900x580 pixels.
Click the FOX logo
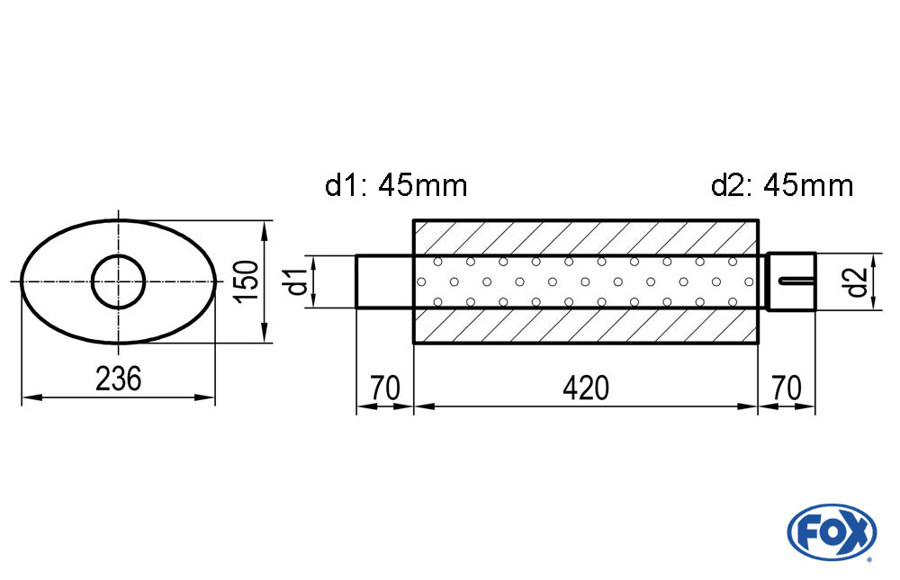[831, 531]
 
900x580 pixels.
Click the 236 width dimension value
[119, 379]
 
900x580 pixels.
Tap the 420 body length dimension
[586, 388]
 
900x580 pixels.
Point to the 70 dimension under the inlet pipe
[384, 388]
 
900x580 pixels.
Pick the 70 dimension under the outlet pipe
[787, 388]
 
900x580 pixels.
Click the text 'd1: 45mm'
[396, 186]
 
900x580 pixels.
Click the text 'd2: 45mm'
[781, 186]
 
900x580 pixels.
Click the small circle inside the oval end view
[119, 281]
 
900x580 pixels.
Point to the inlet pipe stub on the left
[384, 281]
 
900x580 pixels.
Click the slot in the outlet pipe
[796, 281]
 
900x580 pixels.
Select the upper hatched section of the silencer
[585, 237]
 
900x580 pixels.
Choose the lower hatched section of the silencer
[585, 326]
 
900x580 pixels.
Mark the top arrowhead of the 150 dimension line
[265, 226]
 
